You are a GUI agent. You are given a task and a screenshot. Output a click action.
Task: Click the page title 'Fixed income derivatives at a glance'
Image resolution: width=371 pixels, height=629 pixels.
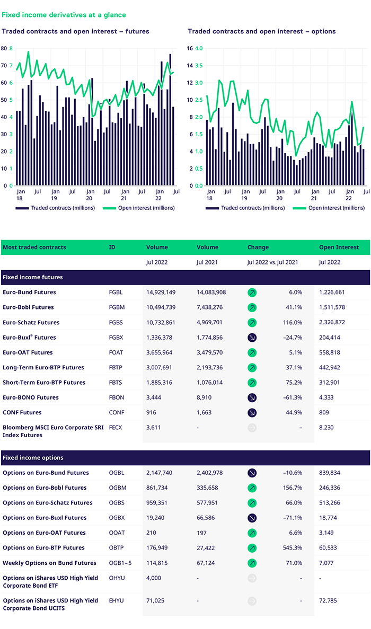pos(64,15)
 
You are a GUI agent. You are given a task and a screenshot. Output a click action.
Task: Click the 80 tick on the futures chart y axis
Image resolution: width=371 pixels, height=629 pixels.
pos(4,48)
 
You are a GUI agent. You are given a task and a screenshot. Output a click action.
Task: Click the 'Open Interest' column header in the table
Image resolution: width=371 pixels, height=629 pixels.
pos(339,247)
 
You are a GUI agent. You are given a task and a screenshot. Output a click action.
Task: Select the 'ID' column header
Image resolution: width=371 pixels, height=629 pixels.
pos(112,247)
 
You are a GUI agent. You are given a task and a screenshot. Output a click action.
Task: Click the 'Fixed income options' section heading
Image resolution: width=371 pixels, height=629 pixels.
pos(33,457)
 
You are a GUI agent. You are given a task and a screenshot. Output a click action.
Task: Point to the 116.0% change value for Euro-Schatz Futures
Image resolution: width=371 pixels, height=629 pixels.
pos(292,322)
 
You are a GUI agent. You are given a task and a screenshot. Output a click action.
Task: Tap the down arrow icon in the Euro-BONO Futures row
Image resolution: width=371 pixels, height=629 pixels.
pos(252,397)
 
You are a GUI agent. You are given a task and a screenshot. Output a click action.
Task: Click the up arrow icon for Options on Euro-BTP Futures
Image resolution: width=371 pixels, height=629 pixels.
pos(252,548)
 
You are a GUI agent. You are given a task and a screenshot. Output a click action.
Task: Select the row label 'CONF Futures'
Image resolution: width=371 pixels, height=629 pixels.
pos(22,412)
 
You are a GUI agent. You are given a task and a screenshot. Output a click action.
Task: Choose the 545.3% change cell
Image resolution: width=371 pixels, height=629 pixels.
pos(292,548)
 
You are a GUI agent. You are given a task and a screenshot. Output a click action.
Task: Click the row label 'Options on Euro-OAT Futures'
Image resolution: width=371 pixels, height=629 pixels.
pos(44,533)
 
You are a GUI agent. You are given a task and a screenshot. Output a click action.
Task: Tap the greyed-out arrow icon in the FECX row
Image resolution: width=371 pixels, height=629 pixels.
pos(252,428)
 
